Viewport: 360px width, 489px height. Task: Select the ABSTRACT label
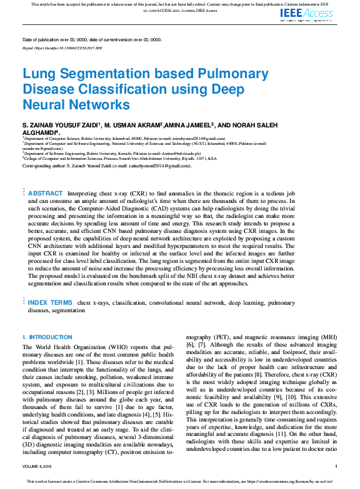click(x=46, y=194)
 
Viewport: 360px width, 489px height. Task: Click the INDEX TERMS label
click(x=49, y=302)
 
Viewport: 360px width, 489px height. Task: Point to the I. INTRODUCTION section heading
click(x=47, y=337)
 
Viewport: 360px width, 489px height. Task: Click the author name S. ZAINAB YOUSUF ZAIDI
click(x=60, y=126)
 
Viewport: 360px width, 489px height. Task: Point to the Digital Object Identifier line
click(x=62, y=47)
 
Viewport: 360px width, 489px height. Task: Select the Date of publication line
click(x=96, y=39)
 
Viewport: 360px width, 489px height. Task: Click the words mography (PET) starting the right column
click(x=208, y=338)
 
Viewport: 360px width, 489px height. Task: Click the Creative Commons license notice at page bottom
click(x=180, y=482)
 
